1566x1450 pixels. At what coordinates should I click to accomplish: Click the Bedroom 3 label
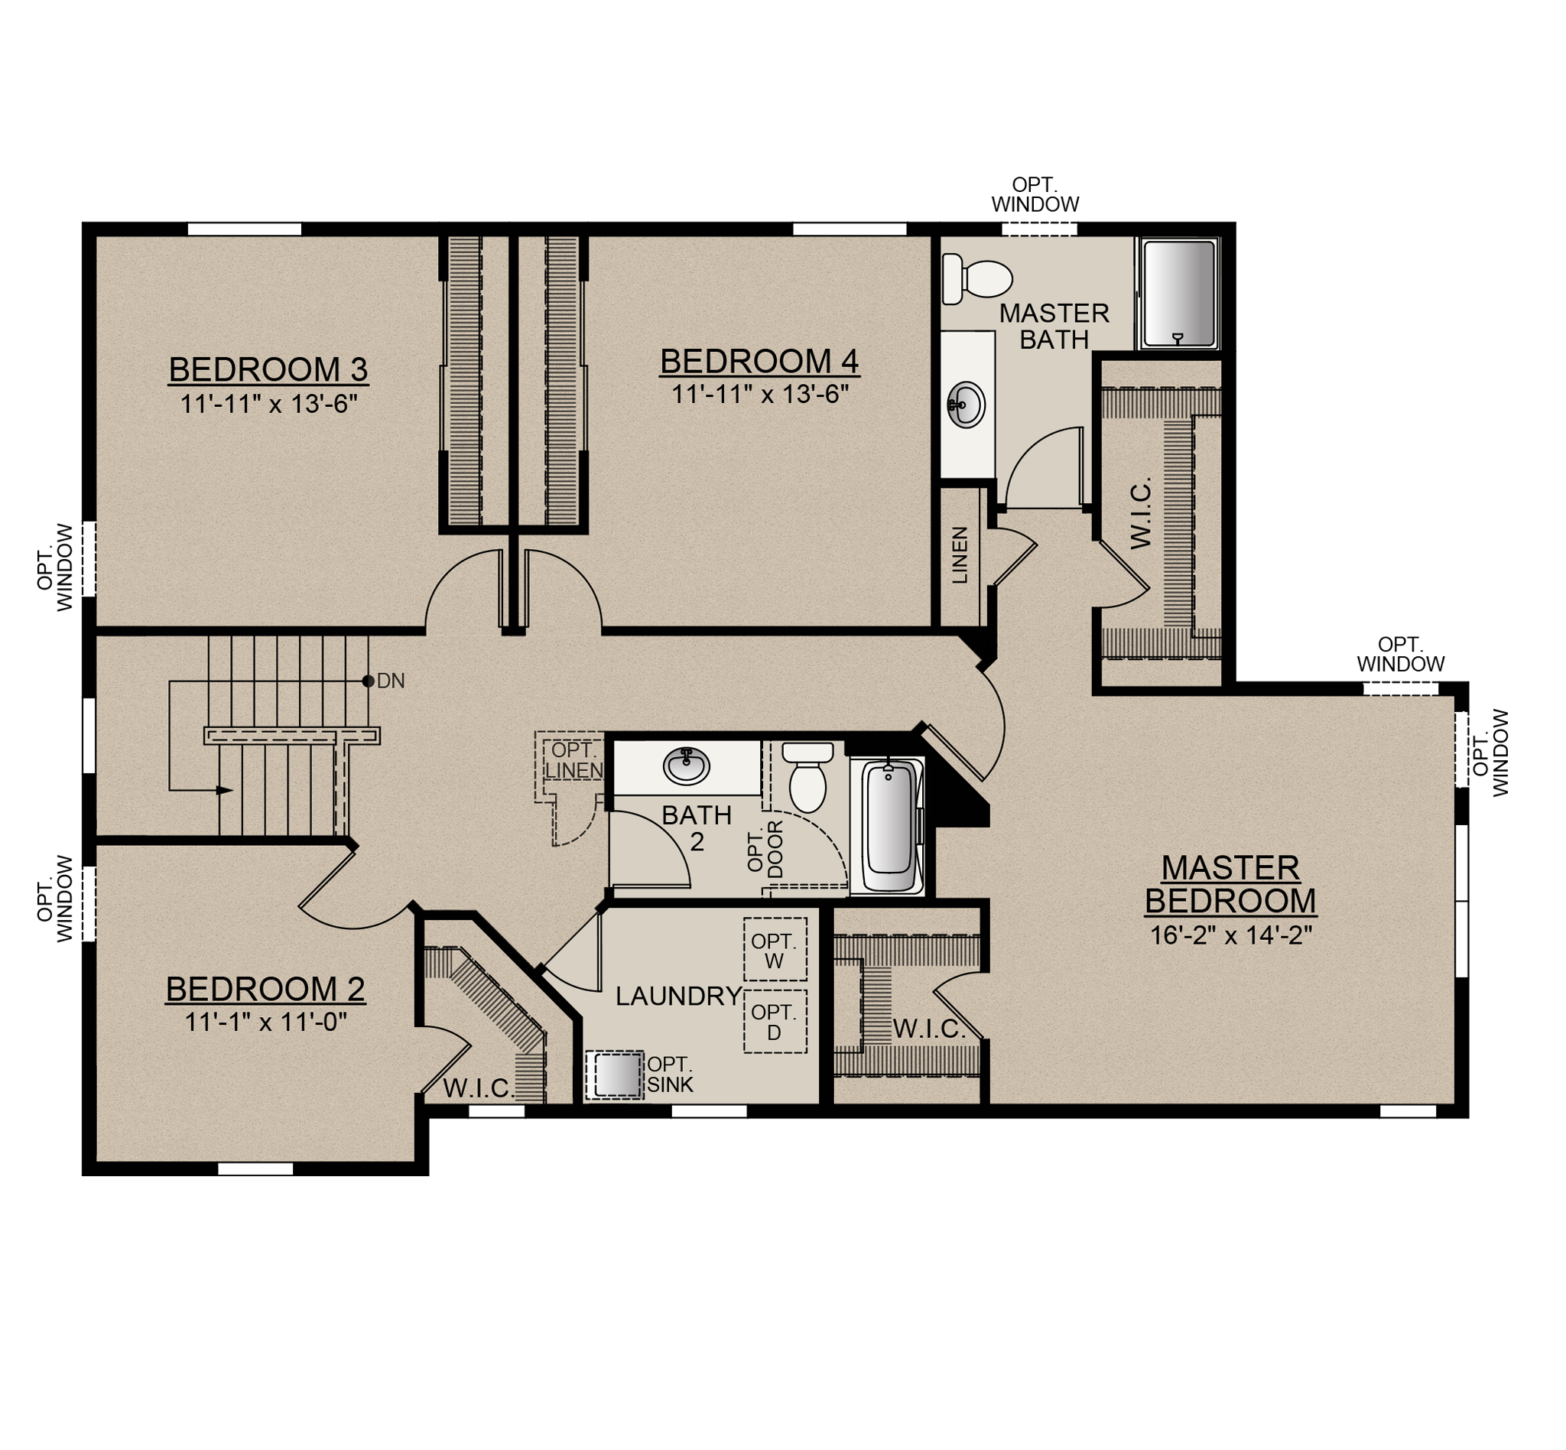tap(268, 369)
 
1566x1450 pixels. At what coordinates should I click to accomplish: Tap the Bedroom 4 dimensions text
tap(759, 394)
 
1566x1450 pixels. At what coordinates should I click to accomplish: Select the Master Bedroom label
tap(1230, 884)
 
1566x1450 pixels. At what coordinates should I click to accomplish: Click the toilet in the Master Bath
tap(976, 278)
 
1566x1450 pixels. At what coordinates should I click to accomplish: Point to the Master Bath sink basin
tap(967, 404)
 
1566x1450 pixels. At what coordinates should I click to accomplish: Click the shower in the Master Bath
tap(1178, 294)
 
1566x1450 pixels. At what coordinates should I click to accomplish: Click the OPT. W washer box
tap(775, 950)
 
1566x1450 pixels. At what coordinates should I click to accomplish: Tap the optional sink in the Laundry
tap(614, 1074)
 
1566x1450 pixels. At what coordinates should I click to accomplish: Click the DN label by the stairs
tap(391, 681)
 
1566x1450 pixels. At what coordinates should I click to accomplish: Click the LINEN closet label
tap(960, 554)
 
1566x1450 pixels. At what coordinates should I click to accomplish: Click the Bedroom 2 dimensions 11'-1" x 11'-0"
tap(265, 1022)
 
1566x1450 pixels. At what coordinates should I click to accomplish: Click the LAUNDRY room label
tap(679, 996)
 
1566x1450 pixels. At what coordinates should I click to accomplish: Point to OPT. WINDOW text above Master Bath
tap(1035, 194)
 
